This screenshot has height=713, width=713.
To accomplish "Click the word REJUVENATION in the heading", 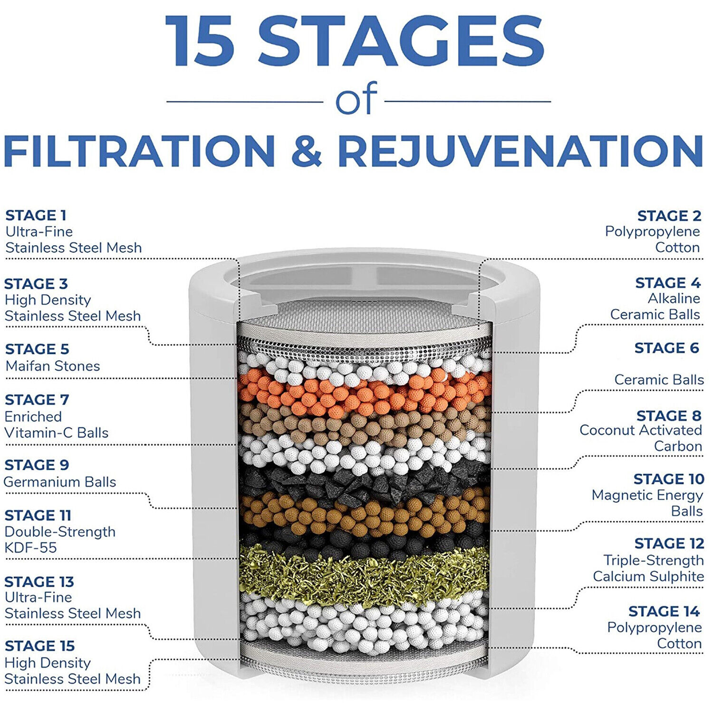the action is pyautogui.click(x=520, y=150).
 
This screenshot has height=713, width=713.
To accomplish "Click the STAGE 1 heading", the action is pyautogui.click(x=36, y=215).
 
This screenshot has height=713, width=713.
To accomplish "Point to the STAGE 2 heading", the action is pyautogui.click(x=669, y=216).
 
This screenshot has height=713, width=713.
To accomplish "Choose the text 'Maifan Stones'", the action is pyautogui.click(x=53, y=366).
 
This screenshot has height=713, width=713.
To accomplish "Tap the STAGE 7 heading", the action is pyautogui.click(x=37, y=400).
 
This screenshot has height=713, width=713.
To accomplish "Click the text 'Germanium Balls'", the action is pyautogui.click(x=60, y=482).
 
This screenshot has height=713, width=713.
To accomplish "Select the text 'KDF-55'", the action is pyautogui.click(x=31, y=548).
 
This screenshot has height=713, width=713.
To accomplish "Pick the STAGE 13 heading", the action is pyautogui.click(x=39, y=582).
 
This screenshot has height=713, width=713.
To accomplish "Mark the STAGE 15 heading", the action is pyautogui.click(x=39, y=646).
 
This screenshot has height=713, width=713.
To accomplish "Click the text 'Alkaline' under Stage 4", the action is pyautogui.click(x=674, y=299).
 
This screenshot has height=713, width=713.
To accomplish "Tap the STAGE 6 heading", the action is pyautogui.click(x=666, y=348).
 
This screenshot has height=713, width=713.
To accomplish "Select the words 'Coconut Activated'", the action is pyautogui.click(x=641, y=430).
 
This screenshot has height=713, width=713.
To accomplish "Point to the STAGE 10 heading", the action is pyautogui.click(x=669, y=479).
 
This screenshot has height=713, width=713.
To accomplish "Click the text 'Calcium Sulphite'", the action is pyautogui.click(x=648, y=577).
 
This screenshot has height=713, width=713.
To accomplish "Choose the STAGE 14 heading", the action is pyautogui.click(x=664, y=611).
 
